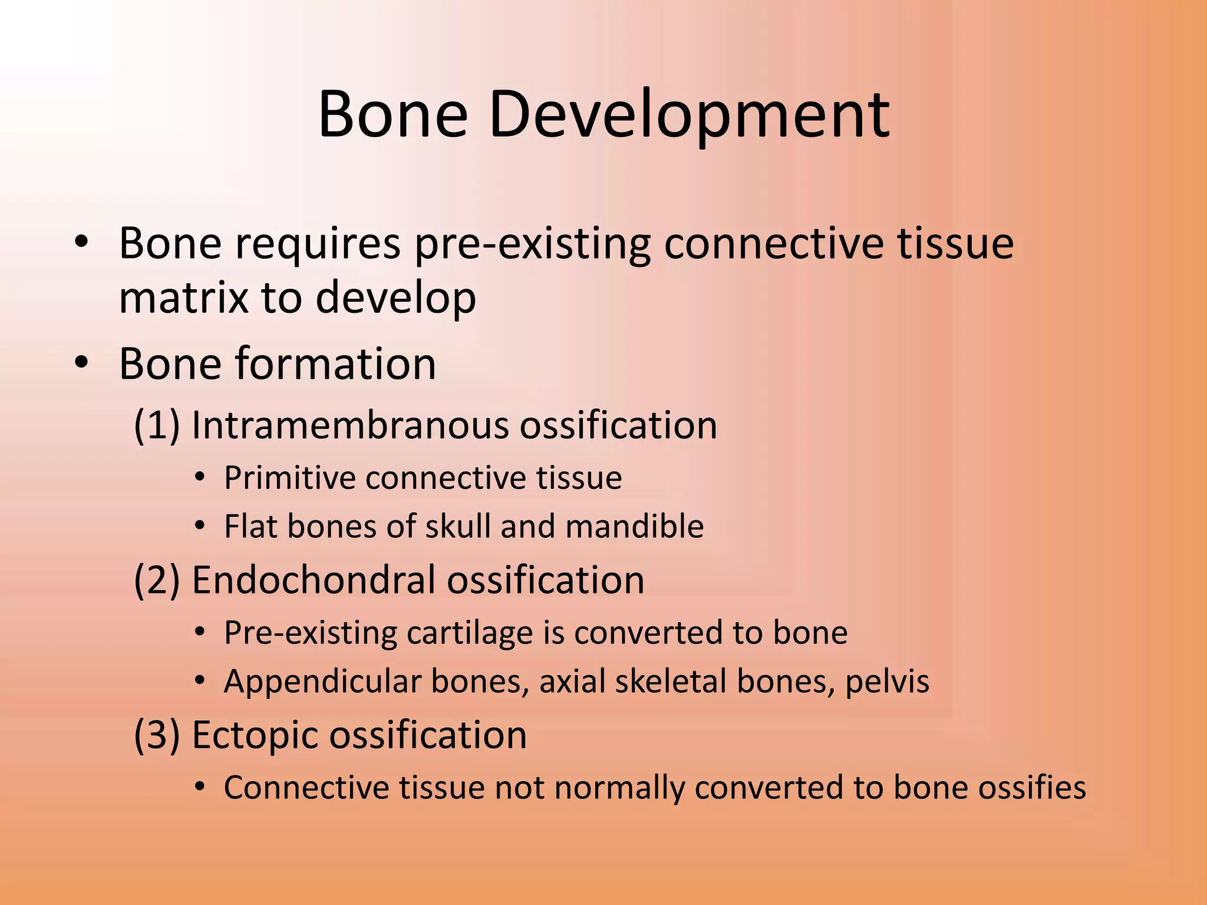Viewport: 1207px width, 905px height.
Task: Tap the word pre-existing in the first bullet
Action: (533, 244)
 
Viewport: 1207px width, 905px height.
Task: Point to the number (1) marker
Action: (157, 425)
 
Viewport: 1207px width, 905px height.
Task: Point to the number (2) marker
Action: (157, 580)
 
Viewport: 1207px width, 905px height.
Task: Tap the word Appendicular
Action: (322, 682)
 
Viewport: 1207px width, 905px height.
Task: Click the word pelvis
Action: (888, 682)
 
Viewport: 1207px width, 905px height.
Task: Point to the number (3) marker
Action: (157, 735)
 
